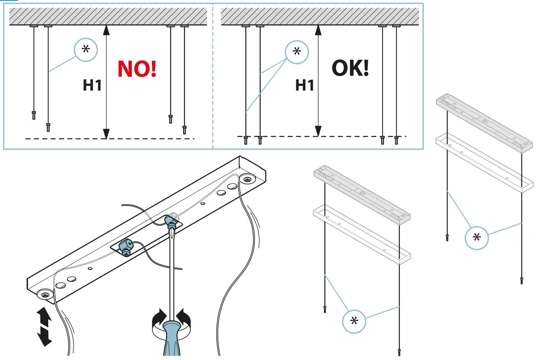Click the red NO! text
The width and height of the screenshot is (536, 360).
[x=137, y=69]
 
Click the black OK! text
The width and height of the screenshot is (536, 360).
[x=350, y=68]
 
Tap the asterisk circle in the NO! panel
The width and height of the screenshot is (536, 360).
[x=86, y=50]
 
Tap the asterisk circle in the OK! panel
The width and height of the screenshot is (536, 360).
[x=297, y=52]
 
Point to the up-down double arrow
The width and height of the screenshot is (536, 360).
[x=44, y=326]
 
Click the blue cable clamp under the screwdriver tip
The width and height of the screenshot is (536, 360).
[x=171, y=222]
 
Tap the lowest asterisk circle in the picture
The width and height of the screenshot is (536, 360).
[x=354, y=321]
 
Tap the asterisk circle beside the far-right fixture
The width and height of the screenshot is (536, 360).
[x=476, y=238]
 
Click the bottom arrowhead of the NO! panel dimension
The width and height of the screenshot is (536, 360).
[x=106, y=134]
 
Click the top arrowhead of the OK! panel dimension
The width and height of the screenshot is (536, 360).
[x=318, y=30]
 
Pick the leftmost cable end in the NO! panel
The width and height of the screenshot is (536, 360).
[x=34, y=115]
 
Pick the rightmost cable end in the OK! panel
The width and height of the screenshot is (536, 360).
[x=396, y=140]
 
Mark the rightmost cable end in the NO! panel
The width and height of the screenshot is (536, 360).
[x=184, y=130]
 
